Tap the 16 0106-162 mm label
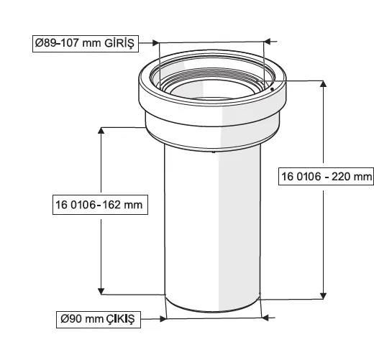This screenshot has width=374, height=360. point(99,205)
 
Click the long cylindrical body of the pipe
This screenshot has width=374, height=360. point(213,223)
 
